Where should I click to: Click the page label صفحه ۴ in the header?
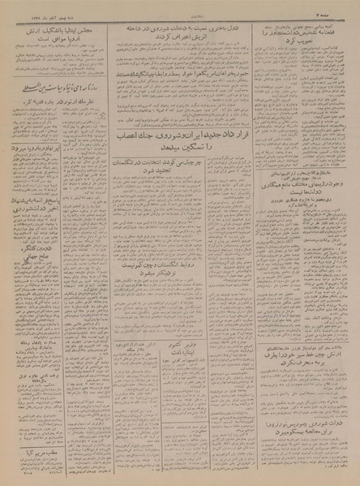click(x=339, y=6)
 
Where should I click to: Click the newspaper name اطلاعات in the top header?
click(x=180, y=6)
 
